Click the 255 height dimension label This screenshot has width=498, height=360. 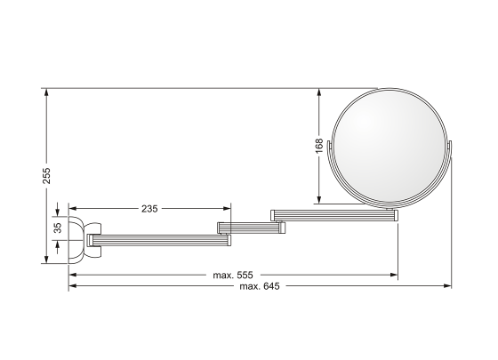[x=46, y=175]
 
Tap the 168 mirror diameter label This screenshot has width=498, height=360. [x=319, y=146]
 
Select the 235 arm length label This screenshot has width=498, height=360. [x=149, y=209]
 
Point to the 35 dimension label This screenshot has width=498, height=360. [x=58, y=228]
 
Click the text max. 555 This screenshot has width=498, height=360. [x=233, y=275]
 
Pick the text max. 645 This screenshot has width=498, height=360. [x=260, y=286]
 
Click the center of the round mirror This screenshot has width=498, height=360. [x=390, y=146]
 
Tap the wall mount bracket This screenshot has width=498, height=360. [x=84, y=240]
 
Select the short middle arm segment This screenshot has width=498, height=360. [x=251, y=228]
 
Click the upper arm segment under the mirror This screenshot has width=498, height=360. [x=334, y=215]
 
